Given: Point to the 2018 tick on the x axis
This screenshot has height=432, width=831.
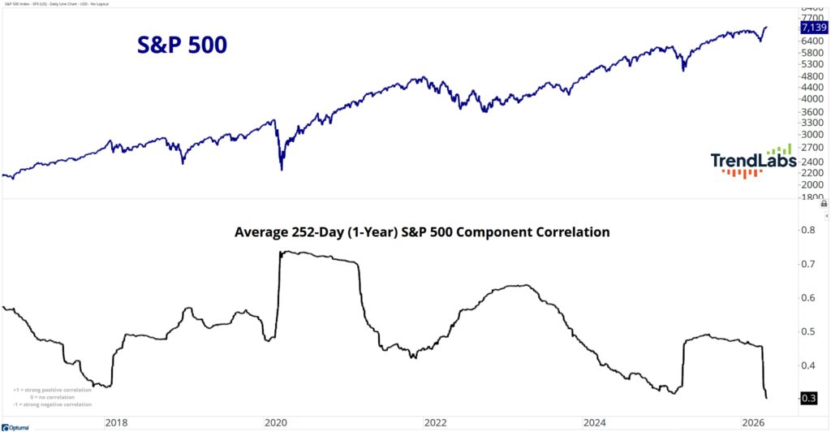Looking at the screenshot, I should coord(116,422).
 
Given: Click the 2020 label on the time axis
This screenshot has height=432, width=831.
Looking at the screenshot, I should coord(276,422).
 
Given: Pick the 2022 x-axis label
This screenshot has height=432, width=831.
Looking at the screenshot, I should coord(436,422).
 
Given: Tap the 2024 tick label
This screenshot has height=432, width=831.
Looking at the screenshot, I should coord(595,422).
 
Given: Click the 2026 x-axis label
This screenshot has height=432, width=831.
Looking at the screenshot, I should coord(755,422).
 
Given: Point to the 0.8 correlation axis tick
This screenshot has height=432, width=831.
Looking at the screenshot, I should coord(809,230).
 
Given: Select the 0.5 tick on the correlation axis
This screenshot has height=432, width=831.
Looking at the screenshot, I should coord(809,331).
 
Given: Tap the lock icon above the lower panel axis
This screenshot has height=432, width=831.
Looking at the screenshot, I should coord(824,205).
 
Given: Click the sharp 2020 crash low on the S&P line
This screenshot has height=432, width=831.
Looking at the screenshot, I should coord(282,169).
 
